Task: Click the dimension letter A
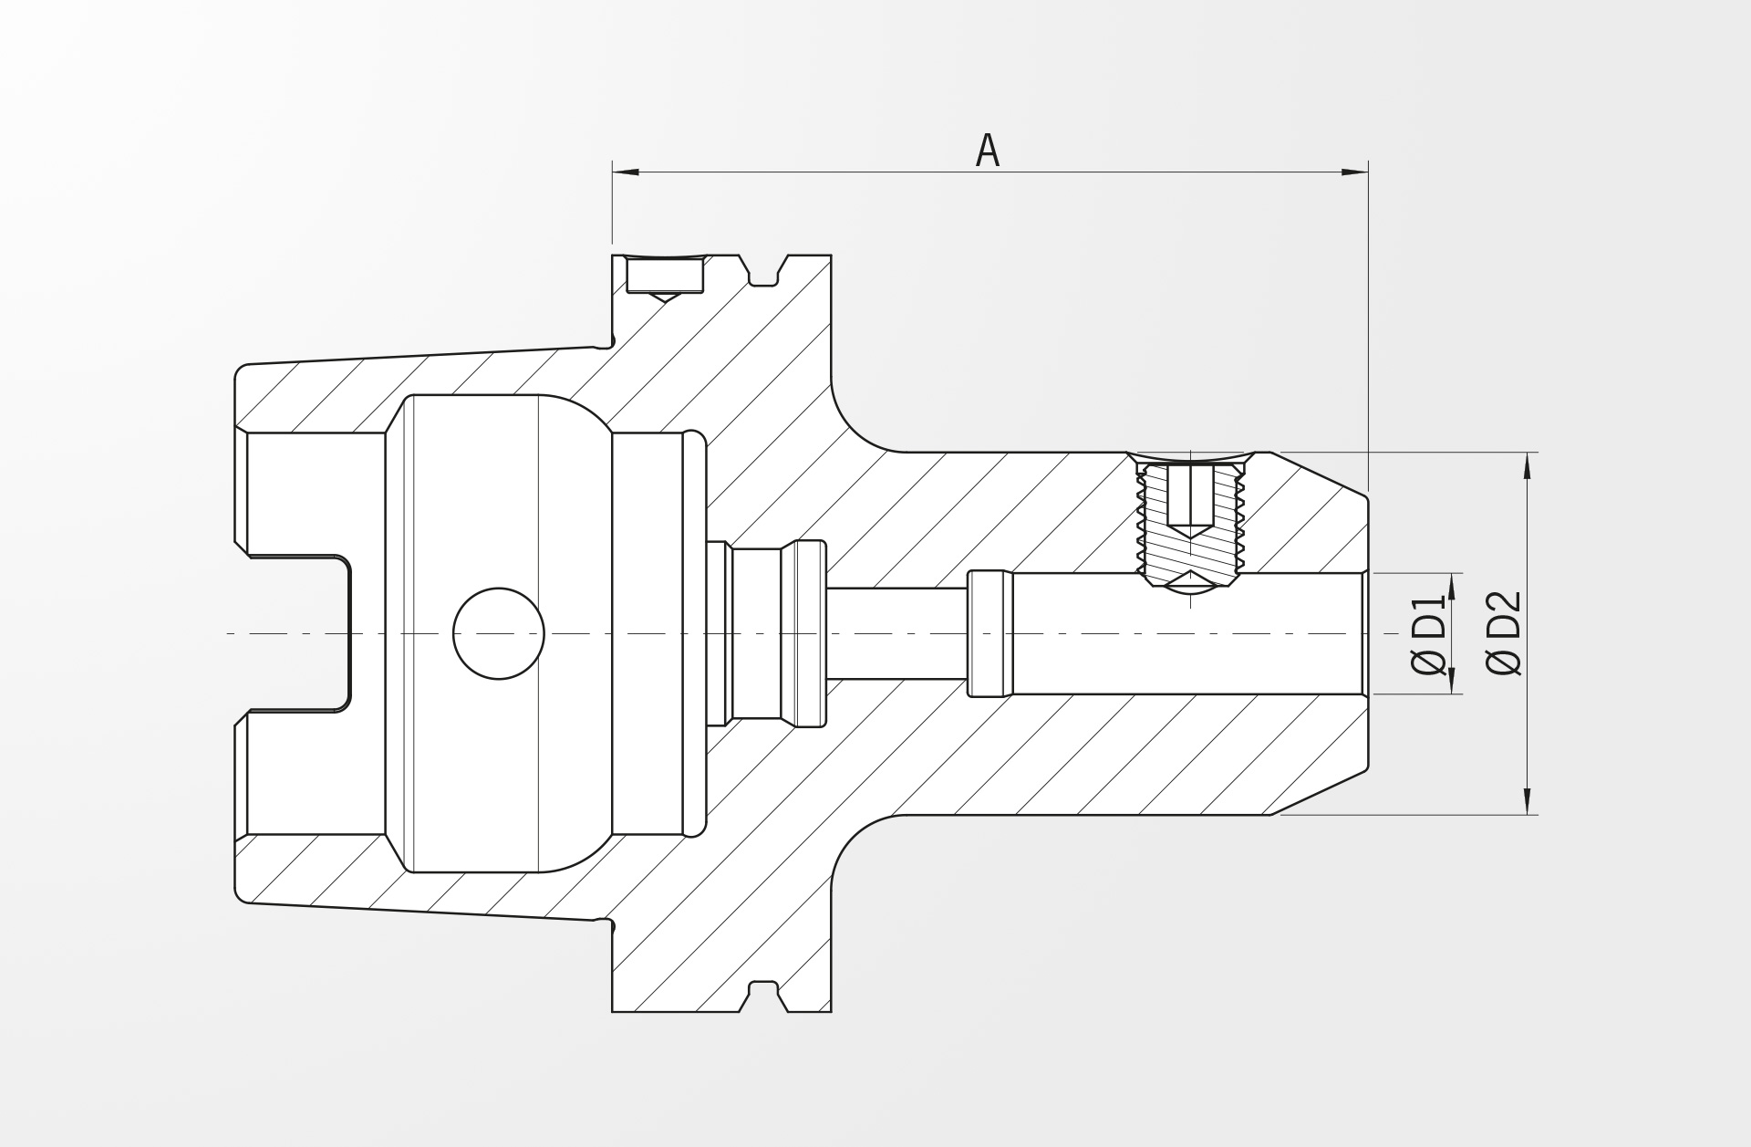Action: click(988, 151)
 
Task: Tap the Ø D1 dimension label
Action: click(1429, 634)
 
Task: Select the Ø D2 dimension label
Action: click(1504, 633)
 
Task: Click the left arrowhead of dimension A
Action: click(625, 172)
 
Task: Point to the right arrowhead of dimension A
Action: click(1355, 172)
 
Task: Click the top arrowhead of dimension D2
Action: click(1528, 465)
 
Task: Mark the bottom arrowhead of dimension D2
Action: click(1528, 801)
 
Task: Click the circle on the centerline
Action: click(499, 633)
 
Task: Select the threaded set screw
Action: click(1190, 520)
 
